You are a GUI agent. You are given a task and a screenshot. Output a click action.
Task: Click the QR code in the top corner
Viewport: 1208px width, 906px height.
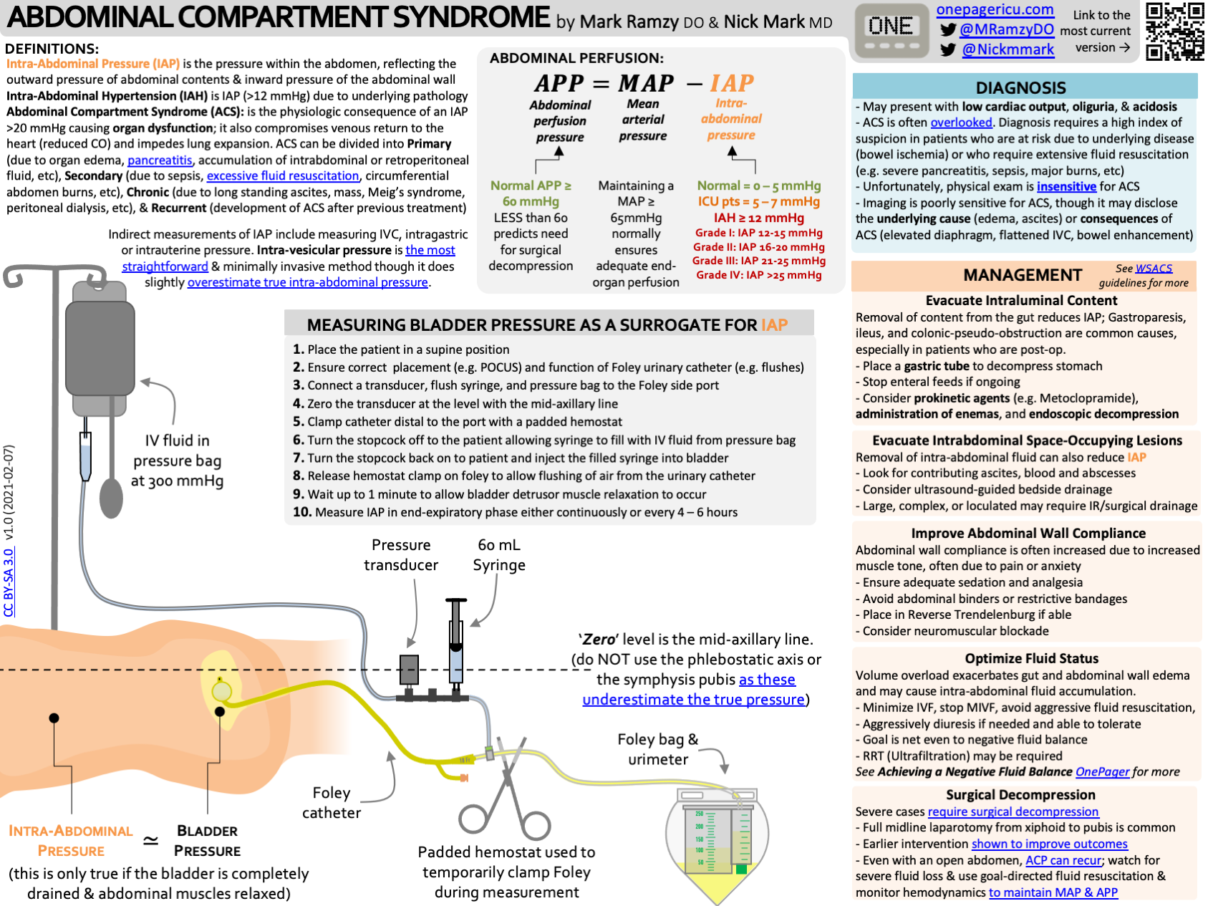1174,31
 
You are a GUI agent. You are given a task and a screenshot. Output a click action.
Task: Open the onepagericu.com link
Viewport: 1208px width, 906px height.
995,10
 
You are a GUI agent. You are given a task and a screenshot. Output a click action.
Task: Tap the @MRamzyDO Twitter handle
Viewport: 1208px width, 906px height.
1006,29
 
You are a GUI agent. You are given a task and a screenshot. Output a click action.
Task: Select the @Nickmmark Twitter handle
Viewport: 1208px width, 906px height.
1008,49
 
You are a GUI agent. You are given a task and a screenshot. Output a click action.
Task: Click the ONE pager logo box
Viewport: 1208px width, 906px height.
890,32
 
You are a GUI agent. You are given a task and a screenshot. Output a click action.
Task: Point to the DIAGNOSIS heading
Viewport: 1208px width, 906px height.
1020,87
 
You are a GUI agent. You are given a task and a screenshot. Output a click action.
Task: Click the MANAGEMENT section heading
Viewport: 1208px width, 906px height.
1022,275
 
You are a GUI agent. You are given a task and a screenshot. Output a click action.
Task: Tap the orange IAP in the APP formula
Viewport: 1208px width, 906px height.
731,83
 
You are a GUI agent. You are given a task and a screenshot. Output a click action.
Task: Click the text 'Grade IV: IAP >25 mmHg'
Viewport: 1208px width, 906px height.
759,275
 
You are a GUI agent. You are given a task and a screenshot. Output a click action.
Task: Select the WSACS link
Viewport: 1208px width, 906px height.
1154,269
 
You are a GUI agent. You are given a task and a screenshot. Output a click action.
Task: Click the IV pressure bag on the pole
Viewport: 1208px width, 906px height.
100,347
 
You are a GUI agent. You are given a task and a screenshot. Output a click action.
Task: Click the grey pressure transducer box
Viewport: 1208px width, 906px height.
409,670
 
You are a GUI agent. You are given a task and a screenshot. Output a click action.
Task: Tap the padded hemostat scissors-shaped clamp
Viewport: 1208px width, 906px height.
506,795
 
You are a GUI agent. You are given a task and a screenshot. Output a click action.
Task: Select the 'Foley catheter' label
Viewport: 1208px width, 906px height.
332,803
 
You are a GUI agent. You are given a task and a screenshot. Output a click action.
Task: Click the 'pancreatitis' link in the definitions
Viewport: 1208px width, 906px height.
160,160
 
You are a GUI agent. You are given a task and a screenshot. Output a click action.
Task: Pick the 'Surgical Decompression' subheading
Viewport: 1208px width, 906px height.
1020,795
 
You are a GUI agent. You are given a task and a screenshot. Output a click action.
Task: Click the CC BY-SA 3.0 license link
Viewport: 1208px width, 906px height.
9,582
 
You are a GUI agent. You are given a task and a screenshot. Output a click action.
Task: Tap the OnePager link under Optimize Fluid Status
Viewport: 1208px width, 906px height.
1102,772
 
